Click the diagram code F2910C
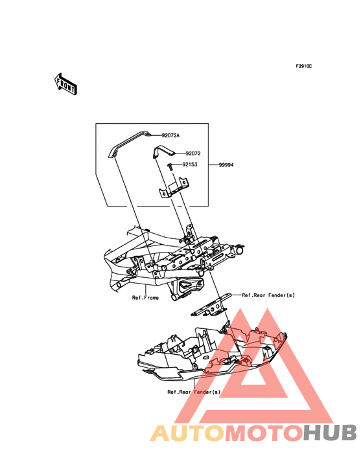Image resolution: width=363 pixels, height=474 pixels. pos(304,67)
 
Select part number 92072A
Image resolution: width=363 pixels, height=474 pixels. pos(170,136)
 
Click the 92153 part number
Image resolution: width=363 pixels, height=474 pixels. pos(189,164)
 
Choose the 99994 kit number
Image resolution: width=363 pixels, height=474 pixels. pos(226,165)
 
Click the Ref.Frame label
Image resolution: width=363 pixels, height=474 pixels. pos(145,298)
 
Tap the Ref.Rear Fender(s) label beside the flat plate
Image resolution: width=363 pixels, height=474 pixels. pos(268,295)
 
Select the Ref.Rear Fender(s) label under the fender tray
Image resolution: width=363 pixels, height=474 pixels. pos(194,392)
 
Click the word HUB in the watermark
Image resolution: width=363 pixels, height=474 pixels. pos(330,433)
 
